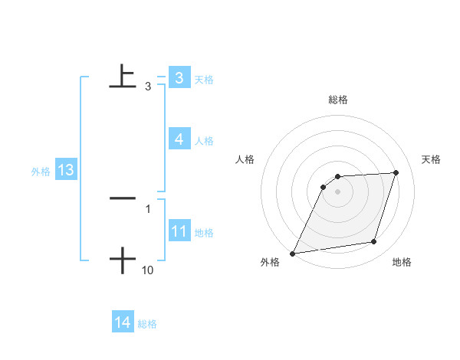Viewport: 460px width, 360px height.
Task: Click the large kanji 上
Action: pyautogui.click(x=123, y=76)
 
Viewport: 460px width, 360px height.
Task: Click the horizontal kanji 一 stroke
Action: pyautogui.click(x=123, y=198)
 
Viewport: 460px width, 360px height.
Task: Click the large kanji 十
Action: pyautogui.click(x=123, y=260)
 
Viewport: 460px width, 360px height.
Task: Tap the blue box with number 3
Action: pyautogui.click(x=179, y=78)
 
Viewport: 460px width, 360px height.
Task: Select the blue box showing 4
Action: pyautogui.click(x=179, y=139)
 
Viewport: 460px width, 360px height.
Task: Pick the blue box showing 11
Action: pyautogui.click(x=179, y=231)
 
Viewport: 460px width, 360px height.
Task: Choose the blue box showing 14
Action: pyautogui.click(x=123, y=323)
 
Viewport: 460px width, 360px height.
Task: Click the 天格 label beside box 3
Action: pyautogui.click(x=203, y=80)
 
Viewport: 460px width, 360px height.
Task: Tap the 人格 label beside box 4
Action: pyautogui.click(x=203, y=141)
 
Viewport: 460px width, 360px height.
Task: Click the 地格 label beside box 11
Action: pyautogui.click(x=203, y=233)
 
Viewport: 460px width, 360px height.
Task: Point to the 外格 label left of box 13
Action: pyautogui.click(x=41, y=172)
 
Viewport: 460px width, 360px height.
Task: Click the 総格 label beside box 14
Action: pyautogui.click(x=147, y=325)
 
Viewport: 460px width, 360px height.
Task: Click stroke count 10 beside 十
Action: pyautogui.click(x=148, y=270)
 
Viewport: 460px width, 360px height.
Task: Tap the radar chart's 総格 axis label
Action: pyautogui.click(x=337, y=100)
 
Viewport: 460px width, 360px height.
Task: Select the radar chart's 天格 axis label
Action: pyautogui.click(x=432, y=159)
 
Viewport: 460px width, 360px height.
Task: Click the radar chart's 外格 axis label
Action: pyautogui.click(x=270, y=262)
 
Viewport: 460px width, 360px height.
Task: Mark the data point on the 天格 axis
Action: pyautogui.click(x=396, y=172)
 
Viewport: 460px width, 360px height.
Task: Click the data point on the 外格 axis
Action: pyautogui.click(x=292, y=254)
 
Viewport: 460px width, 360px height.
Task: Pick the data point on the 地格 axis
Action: pyautogui.click(x=374, y=242)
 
